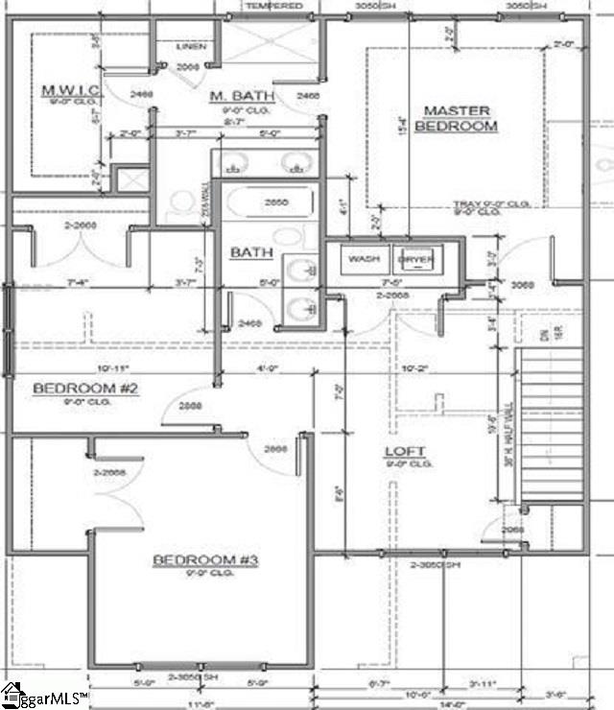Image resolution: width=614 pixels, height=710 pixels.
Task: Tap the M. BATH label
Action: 243,96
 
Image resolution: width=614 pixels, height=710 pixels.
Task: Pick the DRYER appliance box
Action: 416,259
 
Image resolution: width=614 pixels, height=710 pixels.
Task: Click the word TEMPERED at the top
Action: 274,6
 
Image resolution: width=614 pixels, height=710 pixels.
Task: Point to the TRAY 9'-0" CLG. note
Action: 480,204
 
